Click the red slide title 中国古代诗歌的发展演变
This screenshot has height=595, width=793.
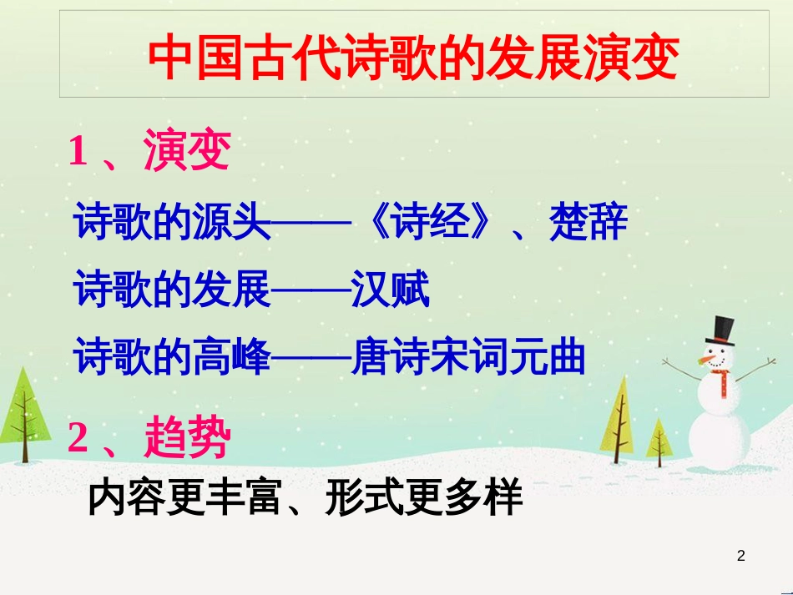pos(414,57)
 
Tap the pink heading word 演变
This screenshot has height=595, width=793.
pos(187,149)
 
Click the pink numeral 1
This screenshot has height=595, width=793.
pos(78,151)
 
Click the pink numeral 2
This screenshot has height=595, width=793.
pos(78,436)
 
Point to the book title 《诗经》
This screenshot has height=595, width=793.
pos(429,221)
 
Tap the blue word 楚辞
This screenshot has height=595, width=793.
pos(588,221)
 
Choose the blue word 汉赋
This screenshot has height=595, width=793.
pos(391,289)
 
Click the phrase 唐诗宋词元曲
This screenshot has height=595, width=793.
pos(468,357)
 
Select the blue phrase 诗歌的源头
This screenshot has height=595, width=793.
pos(172,221)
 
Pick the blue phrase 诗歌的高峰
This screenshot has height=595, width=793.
pos(172,357)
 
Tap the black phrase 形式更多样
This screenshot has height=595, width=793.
pos(424,497)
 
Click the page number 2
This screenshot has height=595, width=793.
pos(741,556)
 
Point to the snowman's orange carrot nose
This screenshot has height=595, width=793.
pos(706,361)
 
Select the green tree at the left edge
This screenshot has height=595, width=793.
pos(23,415)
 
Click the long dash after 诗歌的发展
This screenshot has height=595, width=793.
pos(311,290)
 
